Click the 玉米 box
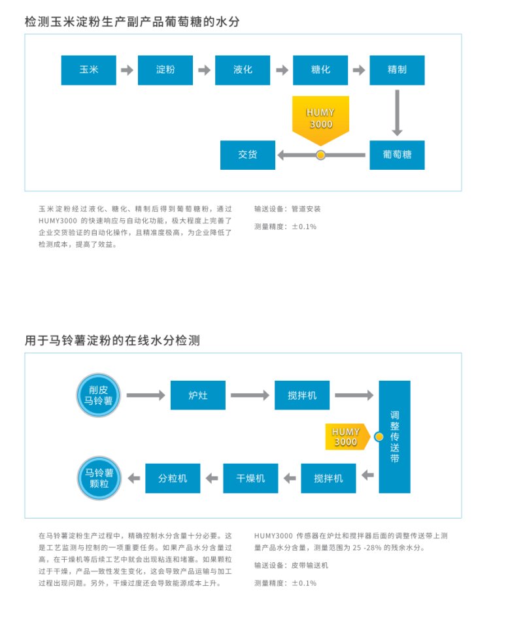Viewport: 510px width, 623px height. [x=88, y=70]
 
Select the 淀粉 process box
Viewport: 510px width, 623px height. [x=165, y=70]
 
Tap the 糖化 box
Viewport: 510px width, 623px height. [x=320, y=70]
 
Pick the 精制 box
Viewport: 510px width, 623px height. [x=397, y=70]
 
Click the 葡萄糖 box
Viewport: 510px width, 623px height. [x=397, y=155]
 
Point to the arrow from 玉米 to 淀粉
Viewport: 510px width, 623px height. [x=127, y=70]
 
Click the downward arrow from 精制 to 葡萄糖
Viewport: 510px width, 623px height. [x=397, y=112]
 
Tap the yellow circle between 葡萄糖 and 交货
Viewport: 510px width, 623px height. [x=320, y=155]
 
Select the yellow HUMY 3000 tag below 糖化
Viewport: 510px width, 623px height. [x=320, y=118]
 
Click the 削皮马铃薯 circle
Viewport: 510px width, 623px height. [x=99, y=396]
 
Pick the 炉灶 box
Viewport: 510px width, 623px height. [x=197, y=395]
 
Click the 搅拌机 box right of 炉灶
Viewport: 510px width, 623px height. [x=302, y=395]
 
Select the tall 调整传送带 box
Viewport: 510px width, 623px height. [x=394, y=436]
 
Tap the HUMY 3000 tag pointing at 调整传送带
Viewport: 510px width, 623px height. [x=347, y=437]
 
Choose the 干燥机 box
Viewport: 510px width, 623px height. [x=250, y=478]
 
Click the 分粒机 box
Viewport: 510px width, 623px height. [x=173, y=478]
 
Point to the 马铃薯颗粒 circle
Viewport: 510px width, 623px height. [x=99, y=479]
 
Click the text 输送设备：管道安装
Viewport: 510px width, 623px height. [x=288, y=209]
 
